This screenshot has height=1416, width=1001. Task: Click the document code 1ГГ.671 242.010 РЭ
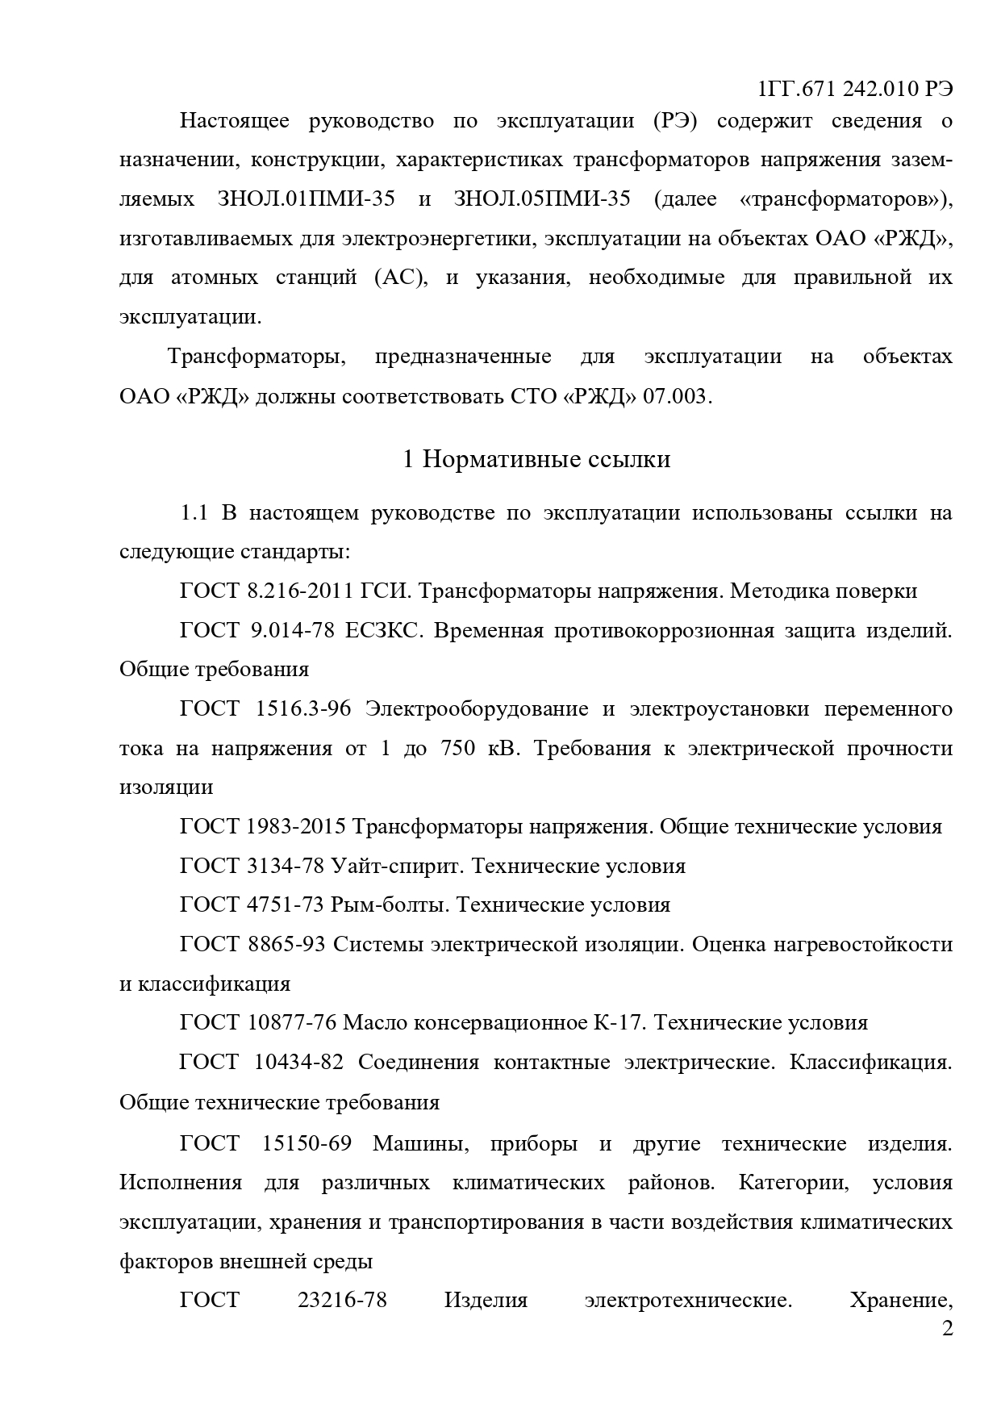(x=856, y=89)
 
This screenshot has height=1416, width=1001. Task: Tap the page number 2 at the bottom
(x=947, y=1327)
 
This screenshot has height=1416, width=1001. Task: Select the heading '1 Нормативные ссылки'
(x=536, y=459)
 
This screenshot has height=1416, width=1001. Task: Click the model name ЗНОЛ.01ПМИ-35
(x=307, y=198)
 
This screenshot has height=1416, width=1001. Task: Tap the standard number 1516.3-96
(x=302, y=708)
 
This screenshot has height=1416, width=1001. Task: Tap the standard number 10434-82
(x=298, y=1062)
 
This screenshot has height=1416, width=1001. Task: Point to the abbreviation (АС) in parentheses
(x=400, y=278)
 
